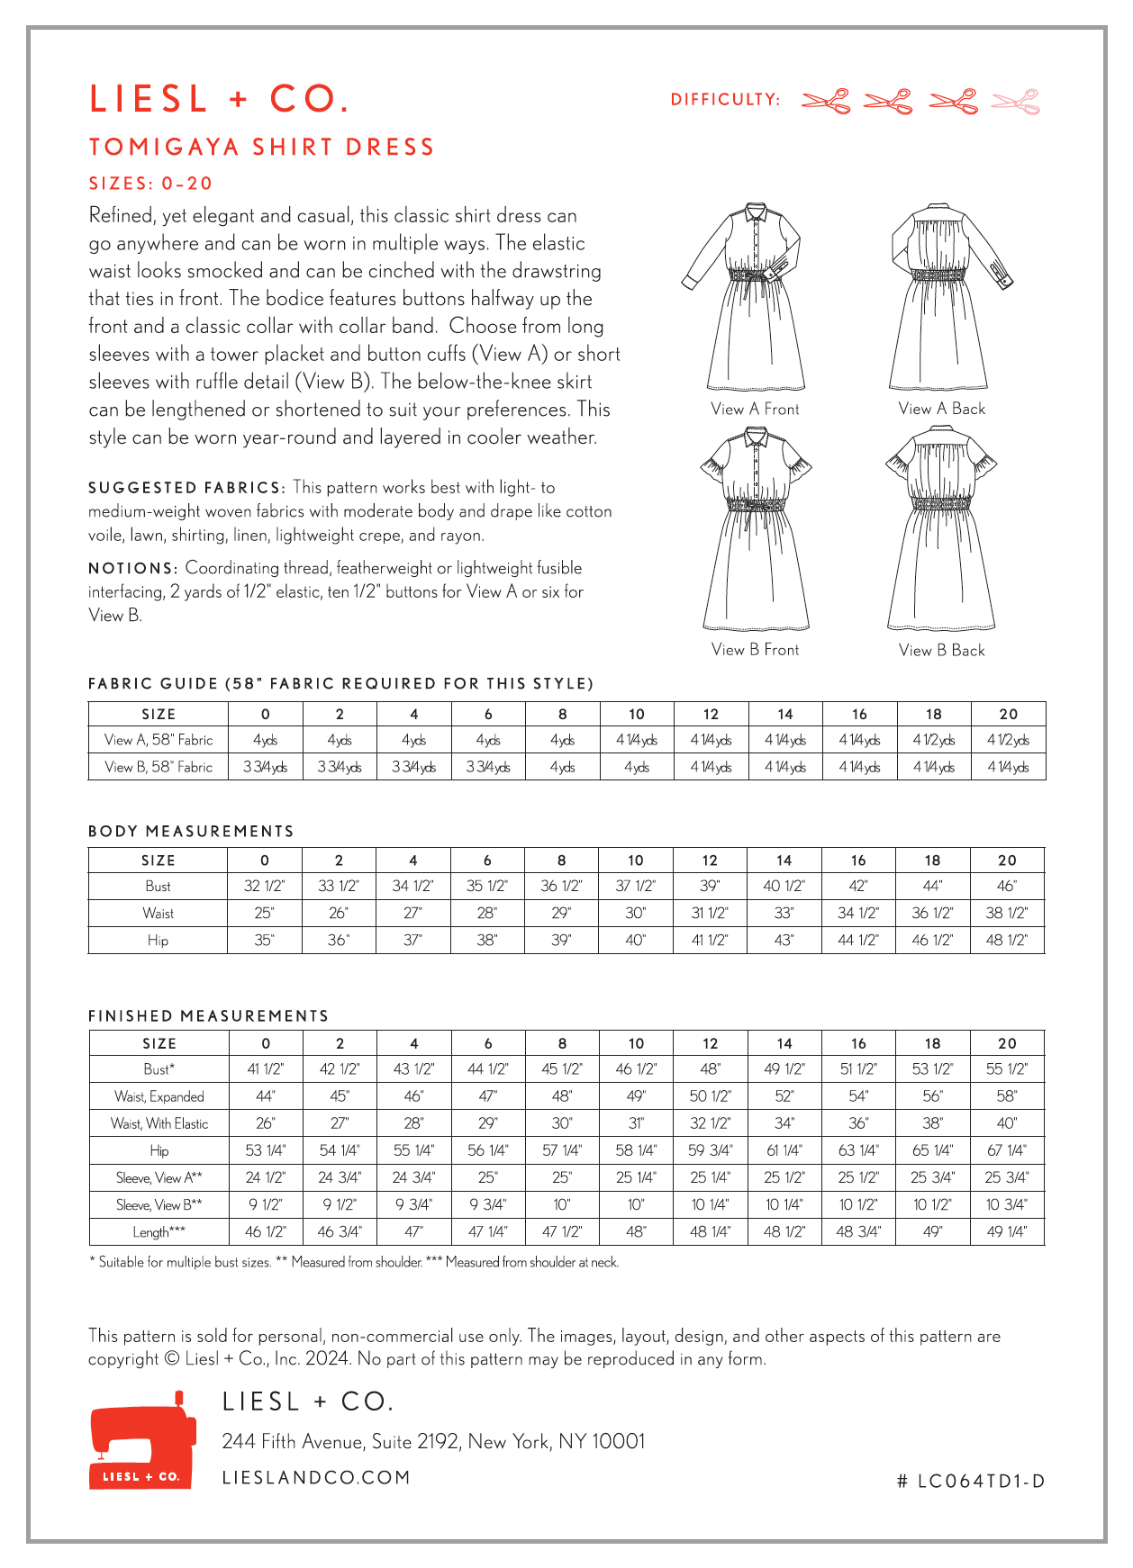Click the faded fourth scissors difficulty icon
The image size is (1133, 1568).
point(1016,102)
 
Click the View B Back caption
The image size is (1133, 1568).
point(941,650)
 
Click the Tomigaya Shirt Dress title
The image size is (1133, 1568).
point(262,147)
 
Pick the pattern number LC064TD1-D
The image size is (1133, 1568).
point(971,1482)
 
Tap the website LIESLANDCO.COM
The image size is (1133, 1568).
point(316,1477)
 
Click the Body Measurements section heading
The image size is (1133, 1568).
point(191,831)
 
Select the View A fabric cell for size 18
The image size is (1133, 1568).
point(933,740)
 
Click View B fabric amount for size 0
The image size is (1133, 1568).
point(265,767)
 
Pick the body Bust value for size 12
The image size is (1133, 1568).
point(710,886)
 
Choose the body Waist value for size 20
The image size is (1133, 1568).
point(1006,913)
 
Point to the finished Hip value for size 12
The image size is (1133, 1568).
point(710,1150)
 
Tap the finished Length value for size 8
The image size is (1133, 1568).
point(561,1231)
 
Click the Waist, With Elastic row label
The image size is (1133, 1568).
point(159,1123)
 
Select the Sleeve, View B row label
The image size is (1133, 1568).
point(159,1204)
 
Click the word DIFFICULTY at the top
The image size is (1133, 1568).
point(725,100)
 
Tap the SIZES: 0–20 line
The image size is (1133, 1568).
point(150,184)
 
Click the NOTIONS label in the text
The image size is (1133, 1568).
point(132,568)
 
